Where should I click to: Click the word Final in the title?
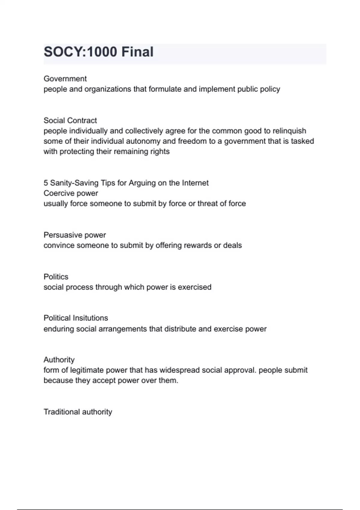[x=137, y=52]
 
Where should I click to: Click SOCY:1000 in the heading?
[x=80, y=52]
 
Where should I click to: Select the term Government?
[x=65, y=79]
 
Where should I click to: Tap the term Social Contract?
[x=70, y=120]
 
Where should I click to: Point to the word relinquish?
[x=289, y=131]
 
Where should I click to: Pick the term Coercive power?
[x=71, y=193]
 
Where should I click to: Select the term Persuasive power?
[x=75, y=235]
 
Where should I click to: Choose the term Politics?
[x=56, y=277]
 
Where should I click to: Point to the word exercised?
[x=194, y=287]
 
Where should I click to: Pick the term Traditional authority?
[x=78, y=412]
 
